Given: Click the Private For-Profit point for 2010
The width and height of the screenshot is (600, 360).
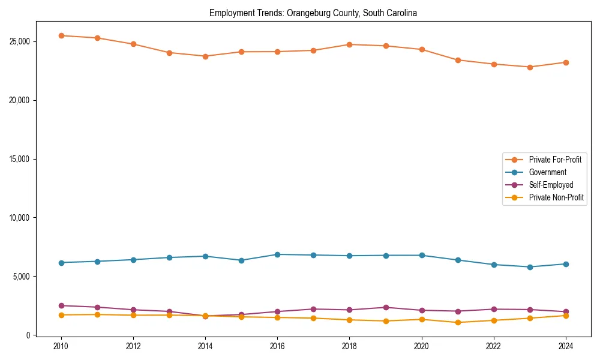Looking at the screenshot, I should point(61,35).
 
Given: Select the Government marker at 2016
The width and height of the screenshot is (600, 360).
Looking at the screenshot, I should point(277,254).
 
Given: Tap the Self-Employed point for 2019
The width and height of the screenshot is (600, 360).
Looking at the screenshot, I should point(386,307).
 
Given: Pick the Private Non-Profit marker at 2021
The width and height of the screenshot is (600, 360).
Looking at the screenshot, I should point(458,322).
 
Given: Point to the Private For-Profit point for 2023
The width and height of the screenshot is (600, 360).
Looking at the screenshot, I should point(530,67).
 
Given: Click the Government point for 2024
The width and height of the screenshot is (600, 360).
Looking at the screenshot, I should point(566,264).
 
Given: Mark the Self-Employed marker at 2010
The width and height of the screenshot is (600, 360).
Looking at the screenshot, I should point(61,305).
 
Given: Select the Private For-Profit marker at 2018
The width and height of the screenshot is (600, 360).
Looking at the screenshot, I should point(350,44).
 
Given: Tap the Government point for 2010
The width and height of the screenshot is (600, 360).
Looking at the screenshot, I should point(61,262).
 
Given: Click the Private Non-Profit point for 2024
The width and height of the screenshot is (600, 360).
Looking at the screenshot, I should point(566,316).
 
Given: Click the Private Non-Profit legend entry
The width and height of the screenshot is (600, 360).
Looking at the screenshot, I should point(556,197).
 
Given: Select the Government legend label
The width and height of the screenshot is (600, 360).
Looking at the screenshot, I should point(547,172).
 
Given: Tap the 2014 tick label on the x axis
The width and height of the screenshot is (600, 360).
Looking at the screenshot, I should point(205,346).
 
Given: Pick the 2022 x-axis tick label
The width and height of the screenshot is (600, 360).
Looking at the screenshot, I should point(494,346).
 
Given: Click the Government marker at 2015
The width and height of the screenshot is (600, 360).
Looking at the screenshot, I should point(241,260).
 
